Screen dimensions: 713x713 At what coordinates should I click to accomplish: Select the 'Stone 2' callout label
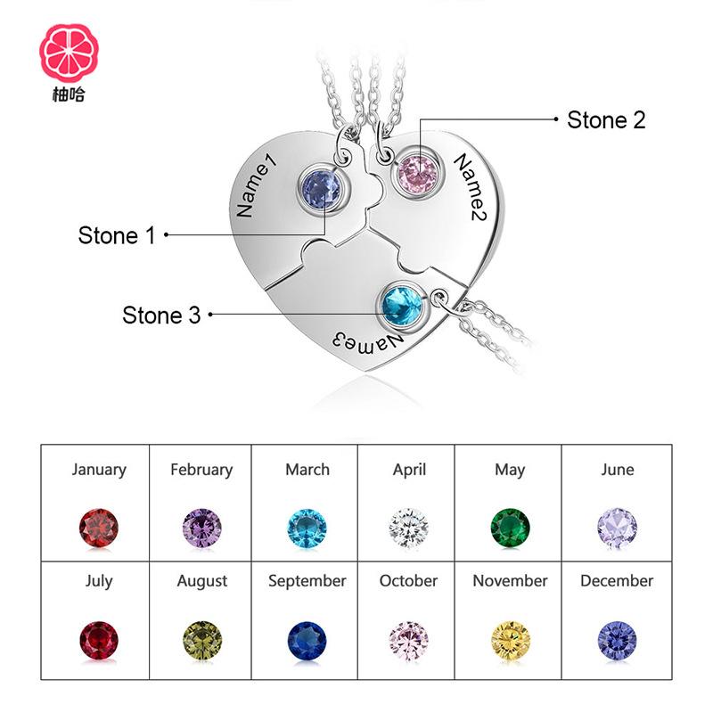click(x=606, y=119)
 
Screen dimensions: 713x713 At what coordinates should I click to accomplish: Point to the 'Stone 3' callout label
click(x=161, y=315)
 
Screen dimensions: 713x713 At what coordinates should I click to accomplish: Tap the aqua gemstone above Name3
click(x=402, y=306)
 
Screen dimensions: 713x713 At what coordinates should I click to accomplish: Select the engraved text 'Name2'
click(x=475, y=188)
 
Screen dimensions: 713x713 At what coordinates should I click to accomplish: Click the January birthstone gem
click(x=99, y=528)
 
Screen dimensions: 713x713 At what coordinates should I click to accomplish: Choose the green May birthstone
click(x=510, y=528)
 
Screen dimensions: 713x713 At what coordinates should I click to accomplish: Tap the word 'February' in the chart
click(x=201, y=470)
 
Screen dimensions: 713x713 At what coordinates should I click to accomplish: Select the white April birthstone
click(x=408, y=528)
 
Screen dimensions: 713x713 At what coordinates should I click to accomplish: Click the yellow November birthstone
click(x=510, y=640)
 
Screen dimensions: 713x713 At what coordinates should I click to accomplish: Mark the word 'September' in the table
click(x=307, y=581)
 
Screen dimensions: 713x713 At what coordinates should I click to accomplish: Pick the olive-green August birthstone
click(x=202, y=640)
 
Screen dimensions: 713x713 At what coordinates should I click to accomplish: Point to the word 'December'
click(x=617, y=581)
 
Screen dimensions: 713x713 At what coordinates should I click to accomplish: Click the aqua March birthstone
click(x=307, y=528)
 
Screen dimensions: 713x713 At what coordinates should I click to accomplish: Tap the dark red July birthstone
click(x=99, y=640)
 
